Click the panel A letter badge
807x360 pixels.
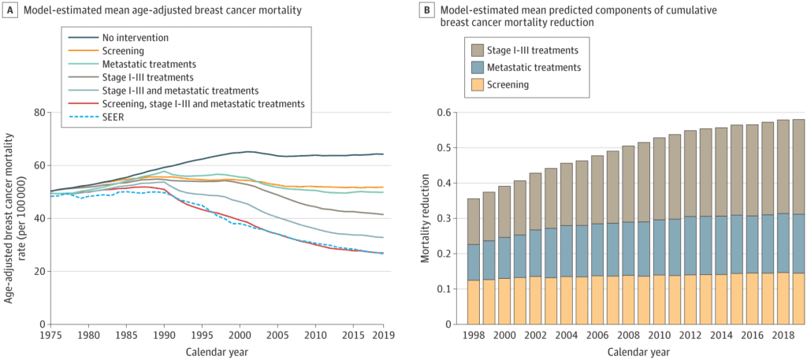10,9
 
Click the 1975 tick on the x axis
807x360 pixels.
50,333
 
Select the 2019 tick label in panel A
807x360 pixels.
383,333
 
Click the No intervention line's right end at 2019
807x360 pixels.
383,154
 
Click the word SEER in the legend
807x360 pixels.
113,118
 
